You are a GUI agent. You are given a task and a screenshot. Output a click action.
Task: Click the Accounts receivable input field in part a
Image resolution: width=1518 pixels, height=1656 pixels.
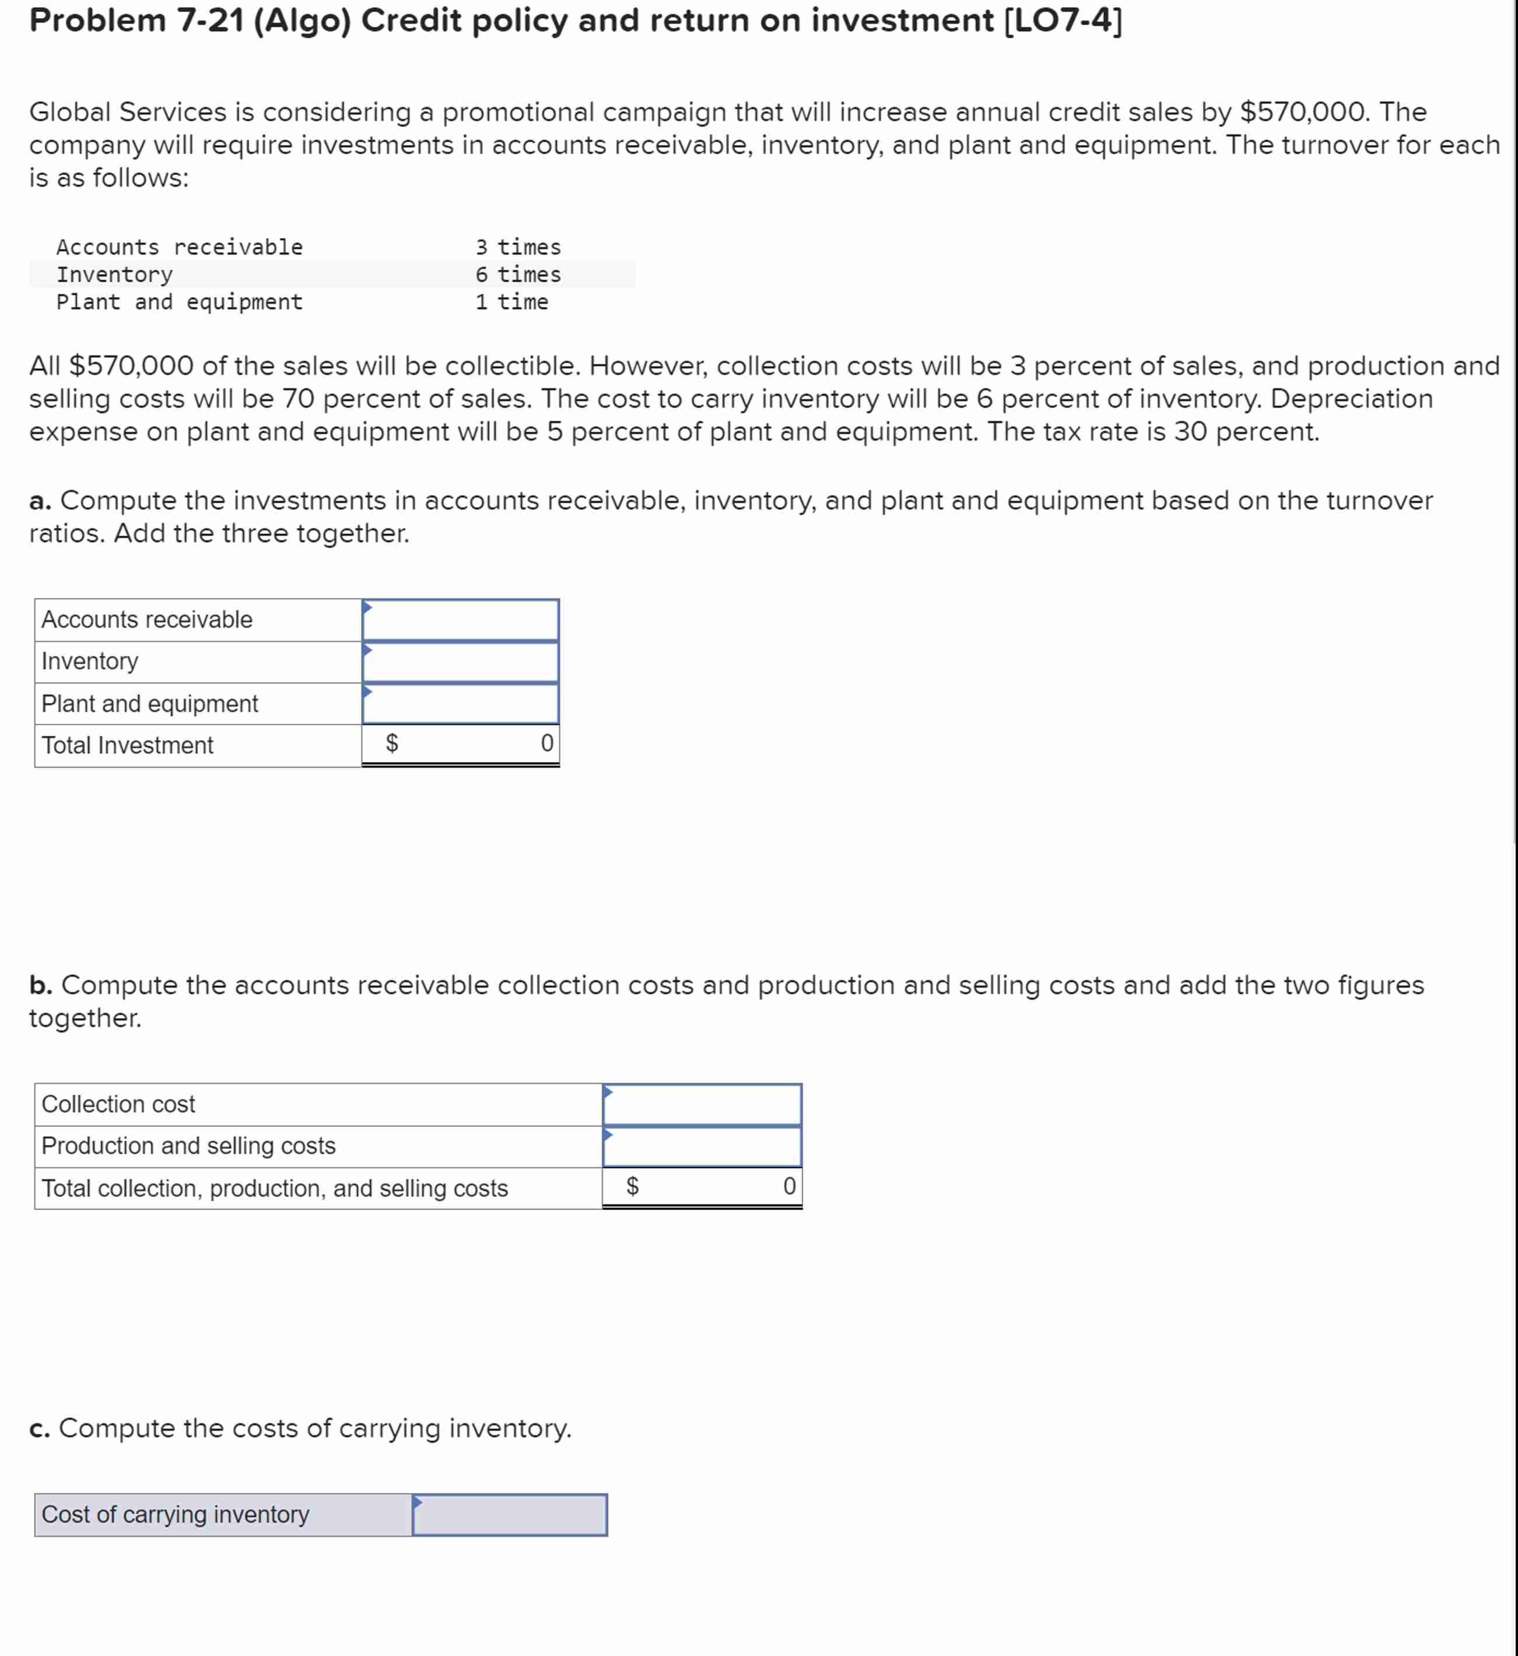(460, 620)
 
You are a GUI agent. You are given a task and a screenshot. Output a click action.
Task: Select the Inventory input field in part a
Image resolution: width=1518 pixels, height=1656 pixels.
(460, 662)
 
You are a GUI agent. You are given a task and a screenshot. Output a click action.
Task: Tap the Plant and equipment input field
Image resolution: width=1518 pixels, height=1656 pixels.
(460, 704)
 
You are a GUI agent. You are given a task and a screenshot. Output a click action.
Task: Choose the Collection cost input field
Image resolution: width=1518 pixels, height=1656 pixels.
(702, 1104)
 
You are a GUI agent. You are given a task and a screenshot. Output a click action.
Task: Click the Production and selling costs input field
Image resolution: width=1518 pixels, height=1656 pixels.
(702, 1145)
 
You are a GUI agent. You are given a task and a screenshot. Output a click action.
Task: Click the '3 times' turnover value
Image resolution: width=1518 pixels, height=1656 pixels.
(517, 247)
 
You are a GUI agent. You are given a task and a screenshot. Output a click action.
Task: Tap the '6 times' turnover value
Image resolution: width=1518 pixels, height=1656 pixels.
(517, 274)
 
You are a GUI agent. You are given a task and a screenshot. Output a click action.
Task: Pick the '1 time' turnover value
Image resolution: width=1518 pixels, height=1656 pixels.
(511, 302)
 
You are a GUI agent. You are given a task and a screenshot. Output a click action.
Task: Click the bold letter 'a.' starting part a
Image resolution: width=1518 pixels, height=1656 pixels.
(40, 501)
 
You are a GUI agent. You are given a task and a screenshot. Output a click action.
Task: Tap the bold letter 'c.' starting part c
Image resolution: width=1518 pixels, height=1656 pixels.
(40, 1428)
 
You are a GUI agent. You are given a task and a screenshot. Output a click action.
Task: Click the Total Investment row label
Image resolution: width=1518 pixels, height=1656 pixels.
(127, 745)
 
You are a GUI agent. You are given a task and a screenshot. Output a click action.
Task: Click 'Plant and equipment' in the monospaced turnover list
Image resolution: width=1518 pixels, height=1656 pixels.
(179, 302)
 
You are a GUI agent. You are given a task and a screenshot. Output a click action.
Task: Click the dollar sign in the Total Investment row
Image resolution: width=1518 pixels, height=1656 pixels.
(392, 744)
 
